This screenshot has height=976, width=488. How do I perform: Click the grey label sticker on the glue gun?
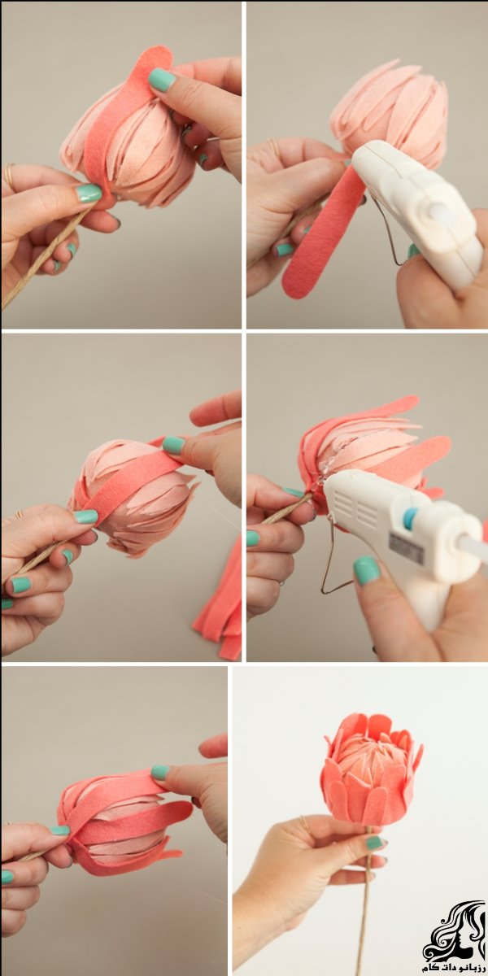tap(405, 547)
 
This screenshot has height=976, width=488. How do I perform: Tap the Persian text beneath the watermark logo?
tap(453, 967)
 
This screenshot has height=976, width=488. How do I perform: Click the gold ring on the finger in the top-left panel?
tap(9, 176)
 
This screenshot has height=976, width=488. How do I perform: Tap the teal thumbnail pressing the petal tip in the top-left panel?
tap(162, 80)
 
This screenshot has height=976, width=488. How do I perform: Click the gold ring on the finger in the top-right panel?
tap(275, 148)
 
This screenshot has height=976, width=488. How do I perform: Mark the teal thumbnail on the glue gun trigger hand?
tap(366, 570)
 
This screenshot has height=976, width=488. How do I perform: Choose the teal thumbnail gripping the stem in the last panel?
tap(374, 843)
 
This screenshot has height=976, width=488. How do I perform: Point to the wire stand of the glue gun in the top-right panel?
tap(389, 233)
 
